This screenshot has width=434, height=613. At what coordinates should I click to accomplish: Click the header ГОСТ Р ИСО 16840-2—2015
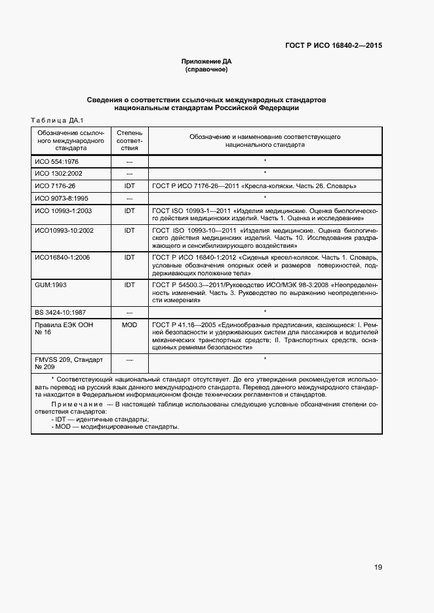tap(334, 46)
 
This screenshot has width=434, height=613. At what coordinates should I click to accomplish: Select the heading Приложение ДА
tap(207, 62)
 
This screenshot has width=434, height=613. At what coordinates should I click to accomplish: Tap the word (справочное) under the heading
tap(207, 69)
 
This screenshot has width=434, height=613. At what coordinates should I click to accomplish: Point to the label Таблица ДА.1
tap(53, 120)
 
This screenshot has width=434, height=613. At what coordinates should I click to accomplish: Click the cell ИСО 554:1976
tap(57, 161)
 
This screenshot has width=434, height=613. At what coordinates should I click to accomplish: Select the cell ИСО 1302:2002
tap(59, 173)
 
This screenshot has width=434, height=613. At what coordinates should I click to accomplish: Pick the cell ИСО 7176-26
tap(55, 186)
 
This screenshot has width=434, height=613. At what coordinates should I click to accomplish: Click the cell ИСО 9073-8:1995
tap(62, 197)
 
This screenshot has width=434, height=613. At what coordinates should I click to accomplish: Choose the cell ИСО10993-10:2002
tap(64, 230)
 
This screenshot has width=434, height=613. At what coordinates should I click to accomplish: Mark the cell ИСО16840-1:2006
tap(62, 257)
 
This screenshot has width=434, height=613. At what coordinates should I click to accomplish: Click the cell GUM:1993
tap(52, 285)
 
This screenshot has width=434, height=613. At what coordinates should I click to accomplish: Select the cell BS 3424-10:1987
tap(62, 311)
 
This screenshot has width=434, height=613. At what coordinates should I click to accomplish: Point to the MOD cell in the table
tap(129, 325)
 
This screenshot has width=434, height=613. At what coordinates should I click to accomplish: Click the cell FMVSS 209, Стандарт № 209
tap(65, 363)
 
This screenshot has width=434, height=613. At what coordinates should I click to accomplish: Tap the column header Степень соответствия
tap(129, 141)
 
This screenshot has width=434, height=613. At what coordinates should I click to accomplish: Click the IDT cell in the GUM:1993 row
tap(129, 285)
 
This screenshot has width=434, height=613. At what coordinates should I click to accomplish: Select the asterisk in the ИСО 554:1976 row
tap(265, 161)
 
